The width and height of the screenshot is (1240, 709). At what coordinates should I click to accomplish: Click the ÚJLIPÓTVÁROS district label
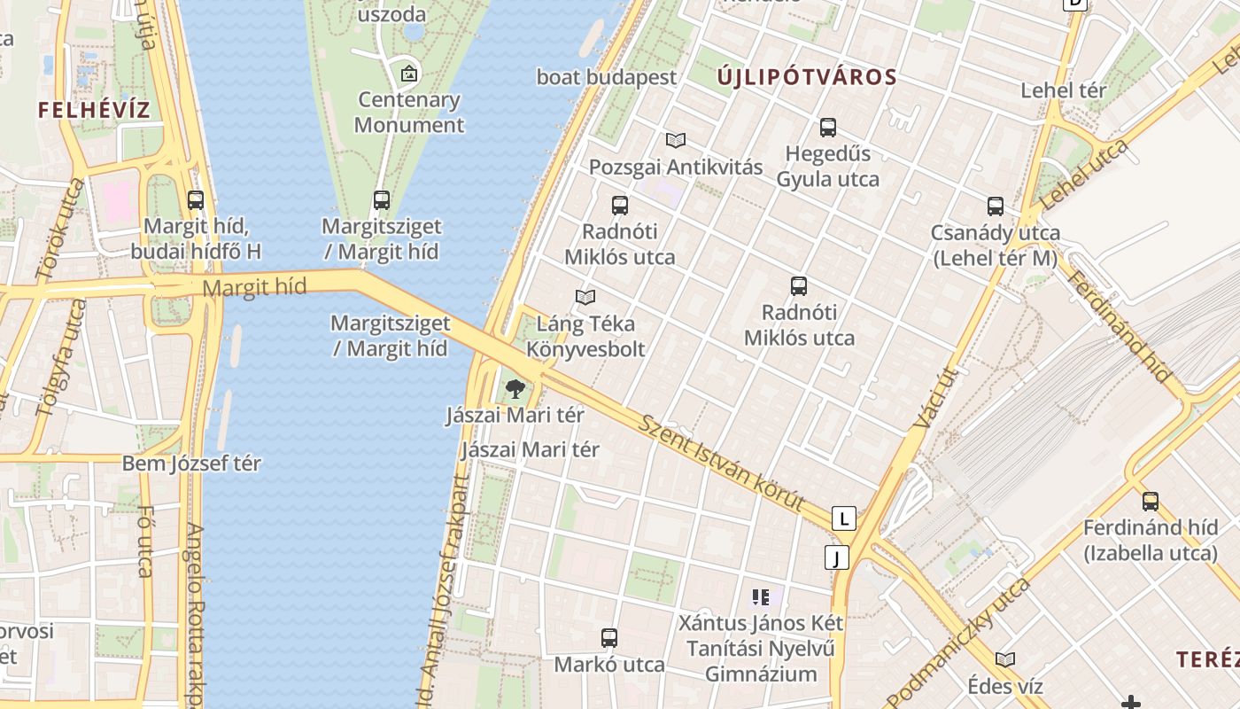click(807, 77)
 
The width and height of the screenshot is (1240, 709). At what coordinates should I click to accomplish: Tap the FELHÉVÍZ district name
click(94, 110)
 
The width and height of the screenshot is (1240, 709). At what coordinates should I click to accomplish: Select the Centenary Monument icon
click(408, 74)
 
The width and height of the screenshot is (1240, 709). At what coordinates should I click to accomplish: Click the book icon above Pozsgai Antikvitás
click(676, 140)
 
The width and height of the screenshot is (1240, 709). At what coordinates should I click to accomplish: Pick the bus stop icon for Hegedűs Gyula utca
click(828, 128)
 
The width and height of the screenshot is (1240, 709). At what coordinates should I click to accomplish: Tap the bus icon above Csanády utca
click(996, 206)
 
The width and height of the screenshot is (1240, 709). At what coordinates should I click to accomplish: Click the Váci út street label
click(924, 398)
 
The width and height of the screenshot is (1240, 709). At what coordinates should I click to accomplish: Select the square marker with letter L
click(845, 518)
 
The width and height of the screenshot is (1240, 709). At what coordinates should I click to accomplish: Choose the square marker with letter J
click(836, 557)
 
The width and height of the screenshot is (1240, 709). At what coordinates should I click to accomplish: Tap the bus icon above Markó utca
click(609, 637)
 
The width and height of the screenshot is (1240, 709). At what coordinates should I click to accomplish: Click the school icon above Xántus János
click(760, 597)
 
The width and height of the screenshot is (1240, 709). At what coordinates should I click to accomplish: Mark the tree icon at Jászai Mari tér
click(515, 388)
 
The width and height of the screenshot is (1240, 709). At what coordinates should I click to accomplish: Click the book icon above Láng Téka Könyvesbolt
click(585, 297)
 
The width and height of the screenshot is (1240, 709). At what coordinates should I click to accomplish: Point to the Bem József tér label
click(191, 463)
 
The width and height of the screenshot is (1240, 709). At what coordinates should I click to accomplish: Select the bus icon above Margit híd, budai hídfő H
click(196, 200)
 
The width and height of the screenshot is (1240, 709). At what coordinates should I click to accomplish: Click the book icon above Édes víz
click(1005, 659)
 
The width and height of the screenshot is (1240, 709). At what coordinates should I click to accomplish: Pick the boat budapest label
click(607, 77)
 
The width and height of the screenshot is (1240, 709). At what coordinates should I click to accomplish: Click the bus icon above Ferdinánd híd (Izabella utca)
click(1151, 502)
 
